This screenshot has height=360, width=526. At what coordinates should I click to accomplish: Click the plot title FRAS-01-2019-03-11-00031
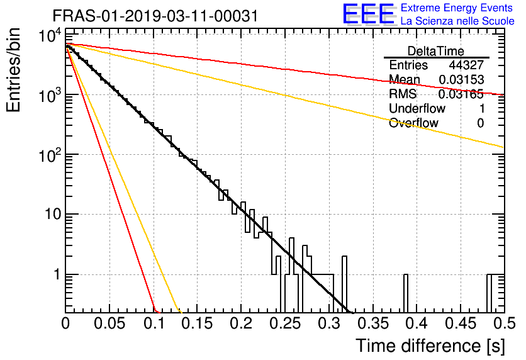[155, 16]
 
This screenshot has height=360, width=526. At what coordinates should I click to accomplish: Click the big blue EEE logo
[368, 14]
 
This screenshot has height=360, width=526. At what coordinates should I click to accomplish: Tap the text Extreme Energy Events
[457, 8]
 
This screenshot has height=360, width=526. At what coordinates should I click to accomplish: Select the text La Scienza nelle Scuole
[457, 21]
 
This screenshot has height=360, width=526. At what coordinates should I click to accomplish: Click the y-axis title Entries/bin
[13, 70]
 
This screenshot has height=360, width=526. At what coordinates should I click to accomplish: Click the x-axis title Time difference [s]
[430, 346]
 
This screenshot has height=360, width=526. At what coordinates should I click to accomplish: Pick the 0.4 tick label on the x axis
[417, 323]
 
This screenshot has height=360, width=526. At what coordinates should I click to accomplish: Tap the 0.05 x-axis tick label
[109, 323]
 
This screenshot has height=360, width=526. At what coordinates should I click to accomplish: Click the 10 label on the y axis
[53, 214]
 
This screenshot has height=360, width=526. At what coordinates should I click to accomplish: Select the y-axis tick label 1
[57, 274]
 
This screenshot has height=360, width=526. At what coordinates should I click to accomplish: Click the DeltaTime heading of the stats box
[436, 51]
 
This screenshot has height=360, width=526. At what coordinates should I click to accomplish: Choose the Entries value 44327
[466, 65]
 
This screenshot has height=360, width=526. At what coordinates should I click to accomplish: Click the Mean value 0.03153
[461, 80]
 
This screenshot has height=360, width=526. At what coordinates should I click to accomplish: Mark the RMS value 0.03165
[461, 94]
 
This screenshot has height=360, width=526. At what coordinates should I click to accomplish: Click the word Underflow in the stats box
[417, 108]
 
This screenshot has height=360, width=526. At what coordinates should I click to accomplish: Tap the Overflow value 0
[480, 123]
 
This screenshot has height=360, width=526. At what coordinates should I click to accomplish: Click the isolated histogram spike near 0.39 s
[406, 293]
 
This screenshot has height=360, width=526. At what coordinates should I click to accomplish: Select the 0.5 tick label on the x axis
[505, 323]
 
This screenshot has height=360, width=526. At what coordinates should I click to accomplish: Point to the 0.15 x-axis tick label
[198, 323]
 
